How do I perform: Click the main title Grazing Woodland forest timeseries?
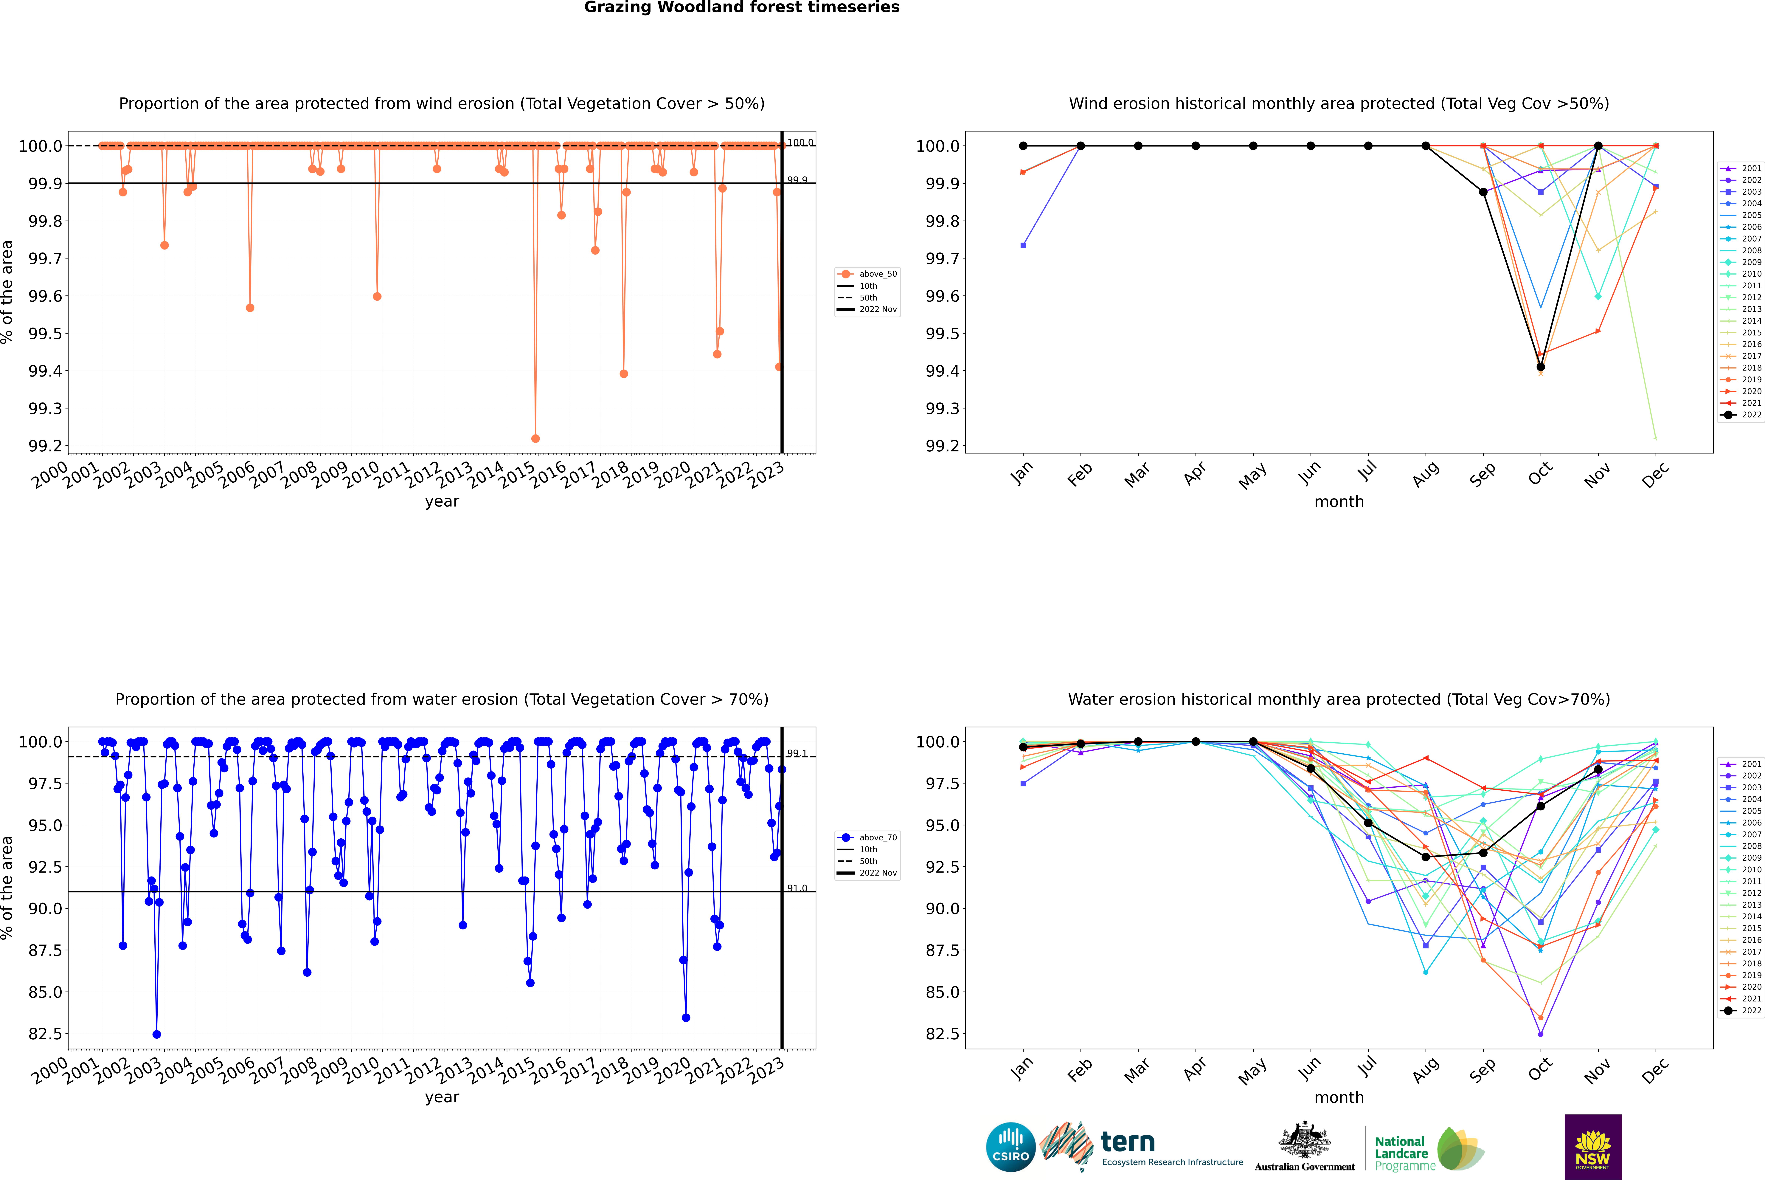point(741,7)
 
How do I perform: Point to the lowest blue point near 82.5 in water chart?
point(156,1034)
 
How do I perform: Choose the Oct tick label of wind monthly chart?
point(1540,473)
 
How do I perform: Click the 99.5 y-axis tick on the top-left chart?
point(45,333)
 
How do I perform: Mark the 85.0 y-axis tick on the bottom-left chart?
point(45,992)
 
